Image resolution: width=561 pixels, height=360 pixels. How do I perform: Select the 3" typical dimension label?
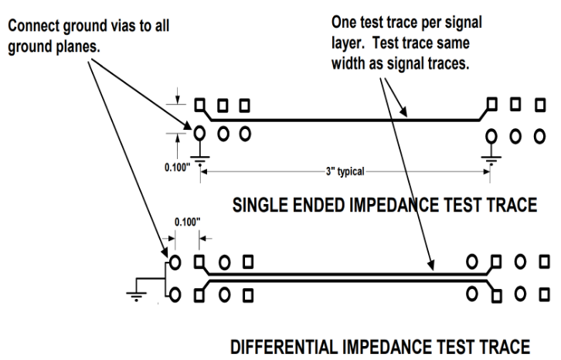point(344,171)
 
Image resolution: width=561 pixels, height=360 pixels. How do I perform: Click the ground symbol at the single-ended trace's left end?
point(199,158)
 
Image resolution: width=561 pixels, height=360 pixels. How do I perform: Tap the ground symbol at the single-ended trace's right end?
point(488,159)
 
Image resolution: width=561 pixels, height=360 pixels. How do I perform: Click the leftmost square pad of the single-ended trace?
point(200,104)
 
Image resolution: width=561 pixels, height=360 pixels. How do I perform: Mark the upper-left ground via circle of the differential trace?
point(175,260)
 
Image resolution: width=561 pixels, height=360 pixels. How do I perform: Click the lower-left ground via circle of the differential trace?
point(175,294)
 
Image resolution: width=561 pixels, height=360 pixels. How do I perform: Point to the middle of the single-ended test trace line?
point(344,120)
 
